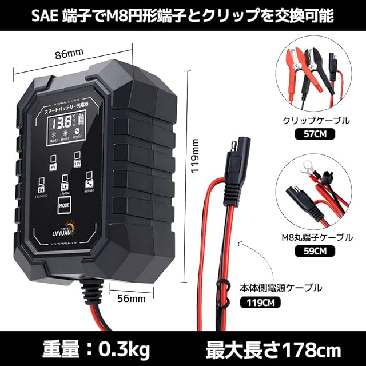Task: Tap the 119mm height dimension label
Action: pyautogui.click(x=195, y=159)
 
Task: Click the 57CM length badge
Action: pyautogui.click(x=309, y=134)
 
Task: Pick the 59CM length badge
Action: pyautogui.click(x=309, y=249)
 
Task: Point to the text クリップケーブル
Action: pyautogui.click(x=309, y=121)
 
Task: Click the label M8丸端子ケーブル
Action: pyautogui.click(x=308, y=236)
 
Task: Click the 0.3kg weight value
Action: pyautogui.click(x=121, y=348)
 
